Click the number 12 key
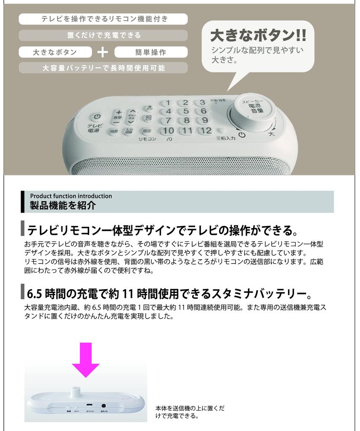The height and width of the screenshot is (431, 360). (206, 130)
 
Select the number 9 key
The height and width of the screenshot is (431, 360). (204, 121)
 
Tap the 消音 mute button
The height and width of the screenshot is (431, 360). (114, 132)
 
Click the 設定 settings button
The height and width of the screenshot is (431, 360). (147, 131)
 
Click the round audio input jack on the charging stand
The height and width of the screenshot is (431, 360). (103, 405)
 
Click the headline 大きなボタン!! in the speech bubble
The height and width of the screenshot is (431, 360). (258, 36)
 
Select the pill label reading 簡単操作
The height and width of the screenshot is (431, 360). (151, 52)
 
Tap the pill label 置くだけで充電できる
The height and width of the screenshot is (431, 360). (103, 35)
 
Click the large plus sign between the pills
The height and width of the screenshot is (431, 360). (103, 52)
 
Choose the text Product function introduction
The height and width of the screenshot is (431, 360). (71, 196)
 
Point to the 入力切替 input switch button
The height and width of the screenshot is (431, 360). (129, 131)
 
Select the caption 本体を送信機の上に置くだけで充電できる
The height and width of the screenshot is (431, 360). (190, 412)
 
